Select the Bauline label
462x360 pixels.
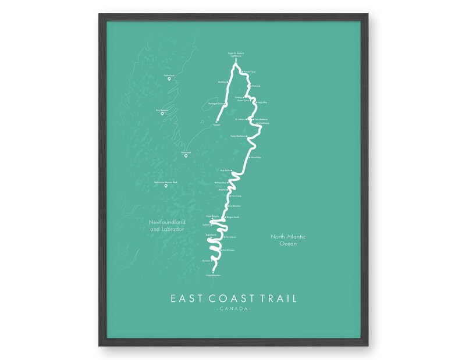(x=221, y=82)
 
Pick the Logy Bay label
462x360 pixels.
(x=262, y=102)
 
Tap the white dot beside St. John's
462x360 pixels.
(x=248, y=119)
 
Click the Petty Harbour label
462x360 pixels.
(x=238, y=137)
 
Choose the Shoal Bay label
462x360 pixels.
(x=256, y=157)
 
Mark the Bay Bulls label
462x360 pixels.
(x=226, y=170)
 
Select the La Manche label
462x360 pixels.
(x=235, y=205)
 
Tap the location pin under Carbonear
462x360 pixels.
(x=169, y=79)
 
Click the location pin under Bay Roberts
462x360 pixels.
(x=162, y=113)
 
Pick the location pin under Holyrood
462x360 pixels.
(x=186, y=156)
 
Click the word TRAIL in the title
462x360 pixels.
(x=275, y=298)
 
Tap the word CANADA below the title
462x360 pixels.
(x=232, y=309)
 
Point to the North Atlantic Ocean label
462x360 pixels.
(x=289, y=240)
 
